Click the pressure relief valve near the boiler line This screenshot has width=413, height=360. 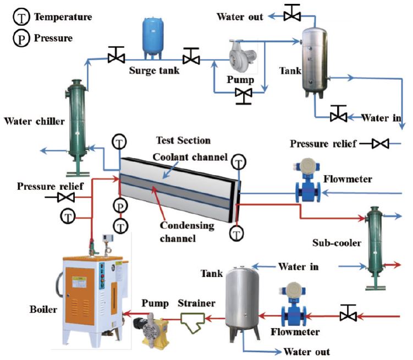67,197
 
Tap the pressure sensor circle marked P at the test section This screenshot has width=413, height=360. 120,206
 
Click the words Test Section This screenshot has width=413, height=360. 183,141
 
